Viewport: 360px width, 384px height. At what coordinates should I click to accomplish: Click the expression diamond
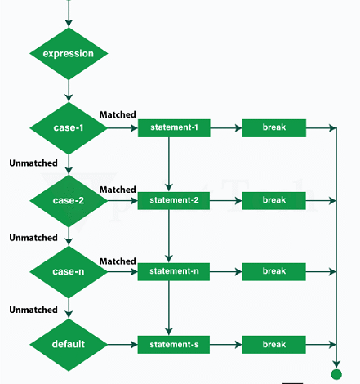(x=69, y=54)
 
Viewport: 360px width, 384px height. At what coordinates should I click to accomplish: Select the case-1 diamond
(x=69, y=128)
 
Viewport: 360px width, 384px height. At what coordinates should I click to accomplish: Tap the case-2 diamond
(x=69, y=200)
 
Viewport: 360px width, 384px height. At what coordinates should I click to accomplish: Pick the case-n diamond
(x=69, y=271)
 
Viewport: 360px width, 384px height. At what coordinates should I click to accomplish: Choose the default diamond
(x=69, y=344)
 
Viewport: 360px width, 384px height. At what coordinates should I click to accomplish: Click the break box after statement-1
(x=273, y=128)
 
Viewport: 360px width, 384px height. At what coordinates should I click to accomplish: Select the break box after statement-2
(x=273, y=200)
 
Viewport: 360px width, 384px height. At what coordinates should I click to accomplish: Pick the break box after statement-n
(x=273, y=271)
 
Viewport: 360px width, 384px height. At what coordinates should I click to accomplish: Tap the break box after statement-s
(x=273, y=344)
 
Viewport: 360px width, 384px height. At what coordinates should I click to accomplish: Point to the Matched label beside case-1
(x=118, y=115)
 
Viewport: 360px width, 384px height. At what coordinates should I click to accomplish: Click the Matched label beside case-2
(x=118, y=190)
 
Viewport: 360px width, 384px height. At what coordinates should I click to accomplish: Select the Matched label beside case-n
(x=118, y=261)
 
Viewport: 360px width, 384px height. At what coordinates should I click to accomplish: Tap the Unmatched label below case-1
(x=33, y=163)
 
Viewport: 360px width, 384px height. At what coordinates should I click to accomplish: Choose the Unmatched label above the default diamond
(x=33, y=310)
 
